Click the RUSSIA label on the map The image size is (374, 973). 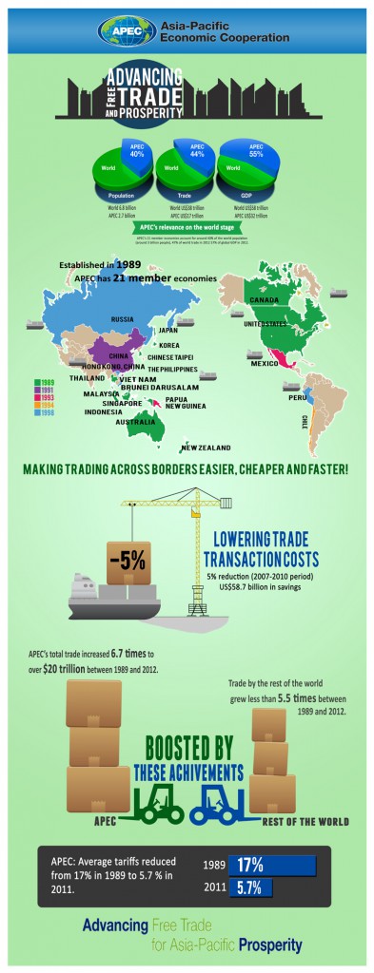[123, 319]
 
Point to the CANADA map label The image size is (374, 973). [264, 301]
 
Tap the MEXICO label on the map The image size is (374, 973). [265, 364]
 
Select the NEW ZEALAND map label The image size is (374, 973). [204, 447]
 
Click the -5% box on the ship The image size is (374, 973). [127, 559]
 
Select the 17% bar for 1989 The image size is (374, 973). [272, 865]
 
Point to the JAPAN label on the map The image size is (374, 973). [168, 330]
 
